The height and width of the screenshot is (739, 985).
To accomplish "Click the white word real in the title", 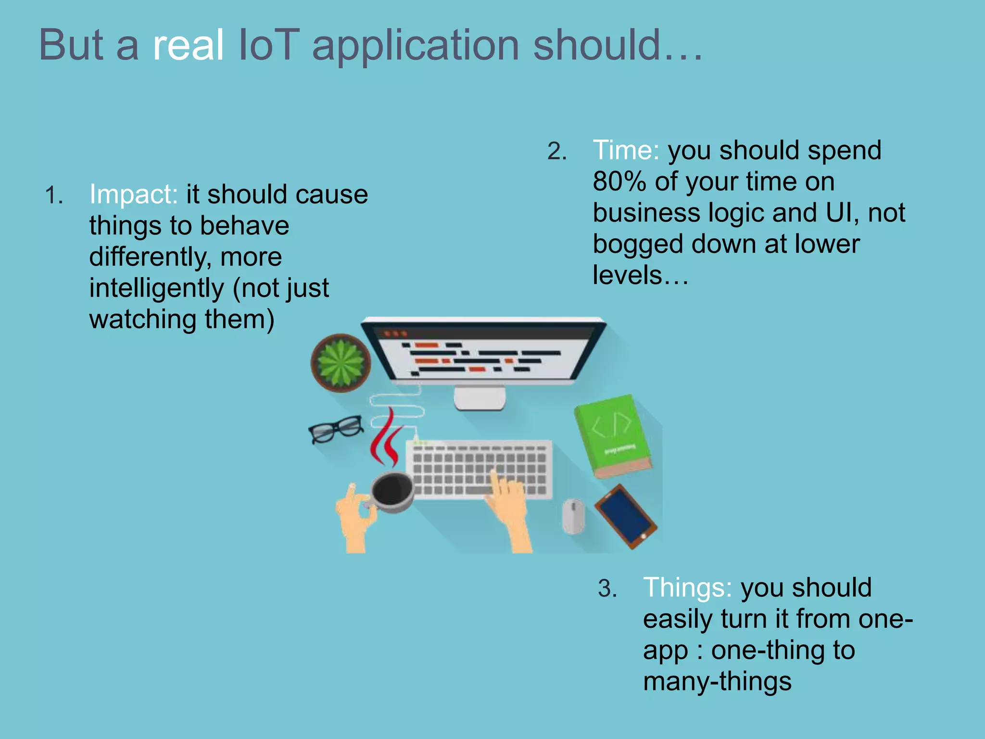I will [x=188, y=45].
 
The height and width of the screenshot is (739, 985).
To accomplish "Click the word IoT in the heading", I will [x=268, y=45].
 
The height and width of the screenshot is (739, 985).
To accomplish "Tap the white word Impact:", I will [x=133, y=194].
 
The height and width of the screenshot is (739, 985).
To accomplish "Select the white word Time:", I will [x=626, y=150].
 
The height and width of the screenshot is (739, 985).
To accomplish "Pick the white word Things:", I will [x=688, y=587].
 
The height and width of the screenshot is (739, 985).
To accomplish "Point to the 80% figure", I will [x=619, y=182].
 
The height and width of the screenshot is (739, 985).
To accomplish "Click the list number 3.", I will [x=607, y=588].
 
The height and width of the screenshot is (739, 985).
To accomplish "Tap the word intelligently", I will [x=156, y=289].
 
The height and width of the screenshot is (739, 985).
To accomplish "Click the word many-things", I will [x=717, y=682].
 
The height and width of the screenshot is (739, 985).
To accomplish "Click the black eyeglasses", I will [x=336, y=428].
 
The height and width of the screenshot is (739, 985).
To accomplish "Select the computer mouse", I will [x=573, y=516].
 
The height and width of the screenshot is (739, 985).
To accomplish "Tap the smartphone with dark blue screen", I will [x=625, y=516].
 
